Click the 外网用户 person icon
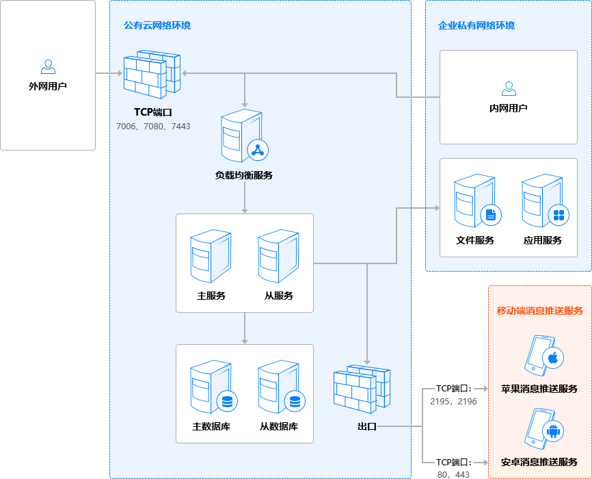(48, 66)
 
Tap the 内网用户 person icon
(509, 88)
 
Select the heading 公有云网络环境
(157, 25)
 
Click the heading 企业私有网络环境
(476, 25)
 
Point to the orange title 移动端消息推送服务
(540, 311)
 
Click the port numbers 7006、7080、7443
(153, 127)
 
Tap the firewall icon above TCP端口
(152, 75)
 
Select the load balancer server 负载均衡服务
(244, 135)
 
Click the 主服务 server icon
(211, 256)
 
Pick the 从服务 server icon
(278, 256)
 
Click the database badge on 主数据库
(227, 402)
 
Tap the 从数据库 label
(279, 426)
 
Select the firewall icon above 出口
(362, 389)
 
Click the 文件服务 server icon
(478, 200)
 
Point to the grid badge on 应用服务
(559, 215)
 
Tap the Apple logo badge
(553, 358)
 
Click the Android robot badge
(553, 431)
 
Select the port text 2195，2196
(453, 402)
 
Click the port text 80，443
(453, 474)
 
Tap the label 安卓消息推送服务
(539, 462)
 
